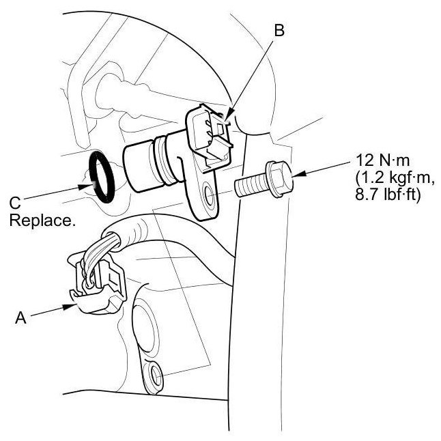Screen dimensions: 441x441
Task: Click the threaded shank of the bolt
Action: pyautogui.click(x=251, y=186)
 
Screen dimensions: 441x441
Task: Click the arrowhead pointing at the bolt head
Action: pyautogui.click(x=298, y=175)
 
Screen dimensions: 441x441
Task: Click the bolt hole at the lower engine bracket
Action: pyautogui.click(x=155, y=373)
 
